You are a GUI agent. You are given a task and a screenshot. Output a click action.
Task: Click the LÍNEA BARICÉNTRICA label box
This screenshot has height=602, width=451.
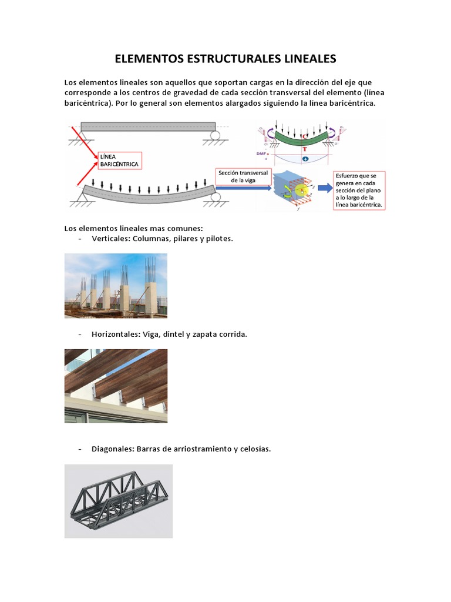[x=120, y=160]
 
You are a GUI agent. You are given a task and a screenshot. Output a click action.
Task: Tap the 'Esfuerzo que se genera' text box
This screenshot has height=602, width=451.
[x=359, y=190]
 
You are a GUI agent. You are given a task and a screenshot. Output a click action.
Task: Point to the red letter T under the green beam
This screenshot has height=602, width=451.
[x=304, y=149]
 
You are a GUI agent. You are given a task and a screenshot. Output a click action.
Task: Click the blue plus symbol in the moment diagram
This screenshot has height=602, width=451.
[x=305, y=159]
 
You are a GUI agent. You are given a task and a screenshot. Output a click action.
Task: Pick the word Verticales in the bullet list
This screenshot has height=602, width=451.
[x=110, y=239]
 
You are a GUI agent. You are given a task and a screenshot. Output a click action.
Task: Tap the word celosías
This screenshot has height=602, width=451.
[x=254, y=449]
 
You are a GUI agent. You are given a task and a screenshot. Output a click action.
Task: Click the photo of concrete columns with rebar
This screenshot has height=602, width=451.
[x=116, y=286]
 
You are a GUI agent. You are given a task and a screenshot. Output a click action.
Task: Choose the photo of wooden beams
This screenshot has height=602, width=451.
[x=116, y=386]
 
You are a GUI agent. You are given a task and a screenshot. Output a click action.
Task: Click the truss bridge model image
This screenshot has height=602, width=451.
[x=118, y=501]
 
